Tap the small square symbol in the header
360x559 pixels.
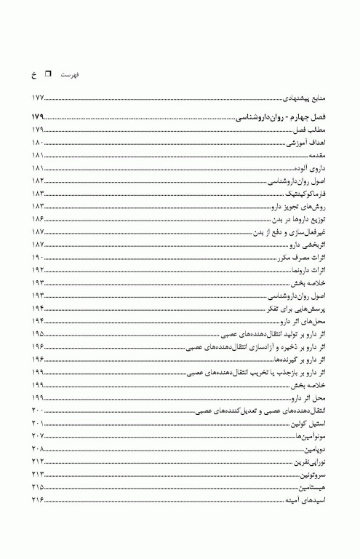pyautogui.click(x=49, y=74)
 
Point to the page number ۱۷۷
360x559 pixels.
pyautogui.click(x=39, y=98)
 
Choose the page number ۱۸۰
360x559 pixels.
pyautogui.click(x=39, y=143)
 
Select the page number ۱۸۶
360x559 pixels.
pyautogui.click(x=39, y=219)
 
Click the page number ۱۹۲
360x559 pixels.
pyautogui.click(x=39, y=270)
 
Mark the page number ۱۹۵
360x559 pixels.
pyautogui.click(x=39, y=334)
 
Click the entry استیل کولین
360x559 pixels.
pyautogui.click(x=310, y=424)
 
